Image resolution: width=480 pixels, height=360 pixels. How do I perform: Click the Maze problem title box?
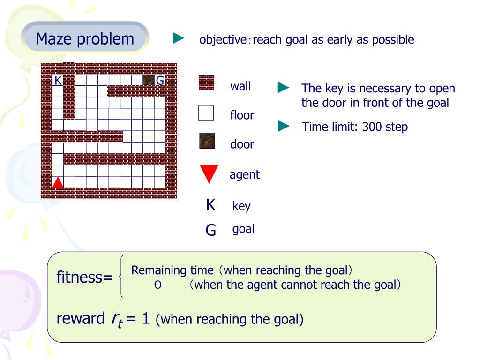(x=85, y=38)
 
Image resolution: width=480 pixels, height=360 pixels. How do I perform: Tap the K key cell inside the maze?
(x=58, y=80)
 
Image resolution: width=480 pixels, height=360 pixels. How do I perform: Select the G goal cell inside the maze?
(x=160, y=80)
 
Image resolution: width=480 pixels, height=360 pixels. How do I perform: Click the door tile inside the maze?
(x=149, y=80)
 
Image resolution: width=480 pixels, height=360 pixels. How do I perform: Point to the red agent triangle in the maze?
(x=58, y=182)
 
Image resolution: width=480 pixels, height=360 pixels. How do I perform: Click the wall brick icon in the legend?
(x=206, y=83)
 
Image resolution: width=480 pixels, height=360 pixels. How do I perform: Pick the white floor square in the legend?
(x=206, y=113)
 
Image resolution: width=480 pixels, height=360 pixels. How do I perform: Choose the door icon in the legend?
(x=206, y=141)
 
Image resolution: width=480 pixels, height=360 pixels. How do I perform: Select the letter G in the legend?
(x=211, y=230)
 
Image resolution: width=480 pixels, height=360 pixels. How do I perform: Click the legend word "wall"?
(x=240, y=86)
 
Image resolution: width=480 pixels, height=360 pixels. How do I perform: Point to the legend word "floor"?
(x=242, y=115)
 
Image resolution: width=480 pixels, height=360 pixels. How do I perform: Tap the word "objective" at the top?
(x=223, y=40)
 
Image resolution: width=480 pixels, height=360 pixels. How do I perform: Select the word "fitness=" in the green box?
(x=85, y=277)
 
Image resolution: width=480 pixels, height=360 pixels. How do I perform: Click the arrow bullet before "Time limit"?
(x=284, y=126)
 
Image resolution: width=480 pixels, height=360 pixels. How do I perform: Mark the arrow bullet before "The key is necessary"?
(x=284, y=88)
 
